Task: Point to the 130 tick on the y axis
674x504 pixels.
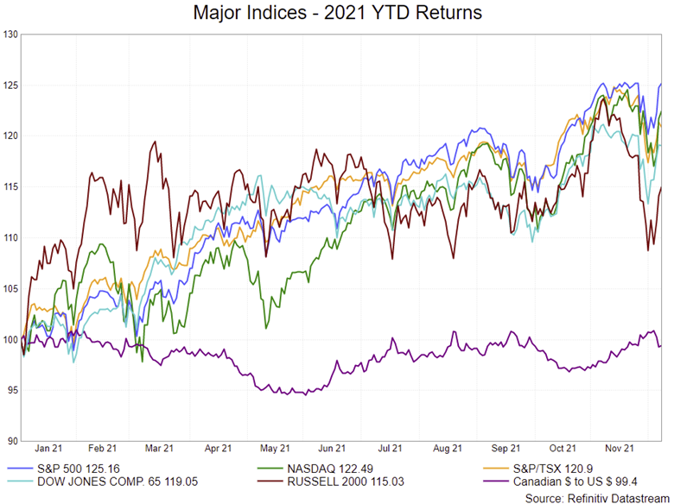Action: point(10,35)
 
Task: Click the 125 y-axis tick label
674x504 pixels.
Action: point(10,85)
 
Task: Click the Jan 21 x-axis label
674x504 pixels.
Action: point(48,449)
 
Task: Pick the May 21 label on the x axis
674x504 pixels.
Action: point(275,449)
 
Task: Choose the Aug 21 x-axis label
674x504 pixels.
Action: point(446,449)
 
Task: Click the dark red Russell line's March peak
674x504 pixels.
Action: point(155,142)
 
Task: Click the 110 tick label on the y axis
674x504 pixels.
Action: point(10,238)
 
